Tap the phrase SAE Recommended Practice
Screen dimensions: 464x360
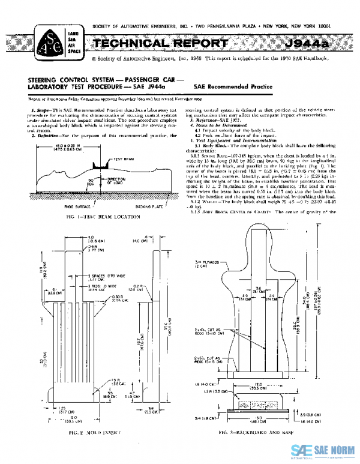coord(233,86)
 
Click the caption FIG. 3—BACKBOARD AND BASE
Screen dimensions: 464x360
coord(257,431)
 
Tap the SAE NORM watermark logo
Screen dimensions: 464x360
coord(323,450)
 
